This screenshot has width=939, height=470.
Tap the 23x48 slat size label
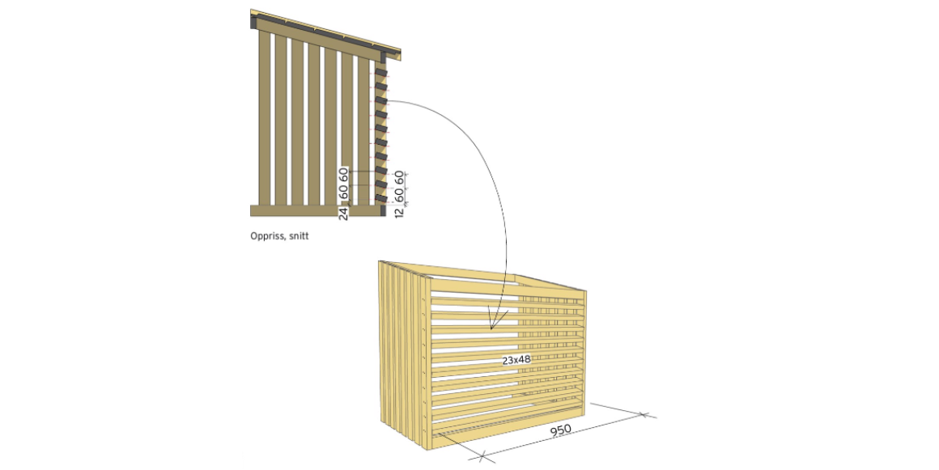[x=516, y=361]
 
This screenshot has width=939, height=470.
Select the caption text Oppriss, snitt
[x=279, y=236]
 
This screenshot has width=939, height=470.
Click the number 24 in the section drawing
[x=344, y=214]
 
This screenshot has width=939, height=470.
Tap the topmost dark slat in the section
[x=381, y=74]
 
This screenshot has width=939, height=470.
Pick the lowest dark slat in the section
[x=381, y=198]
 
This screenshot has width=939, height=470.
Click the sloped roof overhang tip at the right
[x=400, y=55]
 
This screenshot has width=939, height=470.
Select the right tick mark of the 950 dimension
[x=644, y=414]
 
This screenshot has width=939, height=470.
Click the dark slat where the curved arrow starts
[x=381, y=101]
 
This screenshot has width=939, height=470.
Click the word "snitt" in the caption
[x=298, y=236]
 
